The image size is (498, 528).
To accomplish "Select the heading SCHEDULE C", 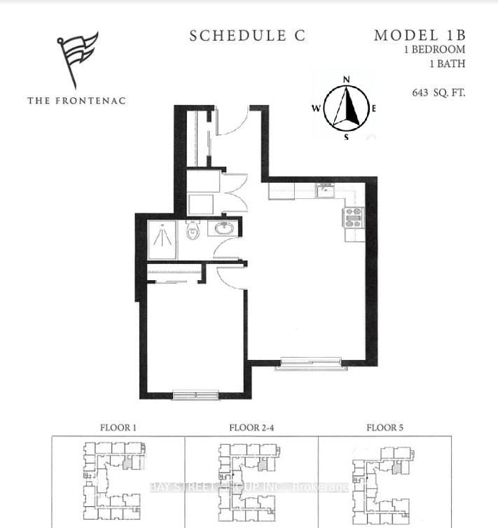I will pos(247,36).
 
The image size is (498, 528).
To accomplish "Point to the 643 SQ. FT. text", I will pos(439,92).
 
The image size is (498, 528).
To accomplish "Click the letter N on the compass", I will pos(345,79).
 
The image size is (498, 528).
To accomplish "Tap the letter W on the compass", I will pos(316,109).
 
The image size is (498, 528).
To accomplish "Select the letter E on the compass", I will pos(374,109).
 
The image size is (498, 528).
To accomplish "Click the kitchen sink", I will pos(325,190).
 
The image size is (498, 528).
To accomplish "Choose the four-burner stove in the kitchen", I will pos(351,218).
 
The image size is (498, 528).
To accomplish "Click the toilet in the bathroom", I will pos(192,230).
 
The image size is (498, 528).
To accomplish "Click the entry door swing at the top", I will pos(233,123).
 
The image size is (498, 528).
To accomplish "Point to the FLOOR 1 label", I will pos(118,427).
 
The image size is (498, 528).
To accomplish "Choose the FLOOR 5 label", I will pos(385,427).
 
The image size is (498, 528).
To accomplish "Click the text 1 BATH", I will pos(448,64).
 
